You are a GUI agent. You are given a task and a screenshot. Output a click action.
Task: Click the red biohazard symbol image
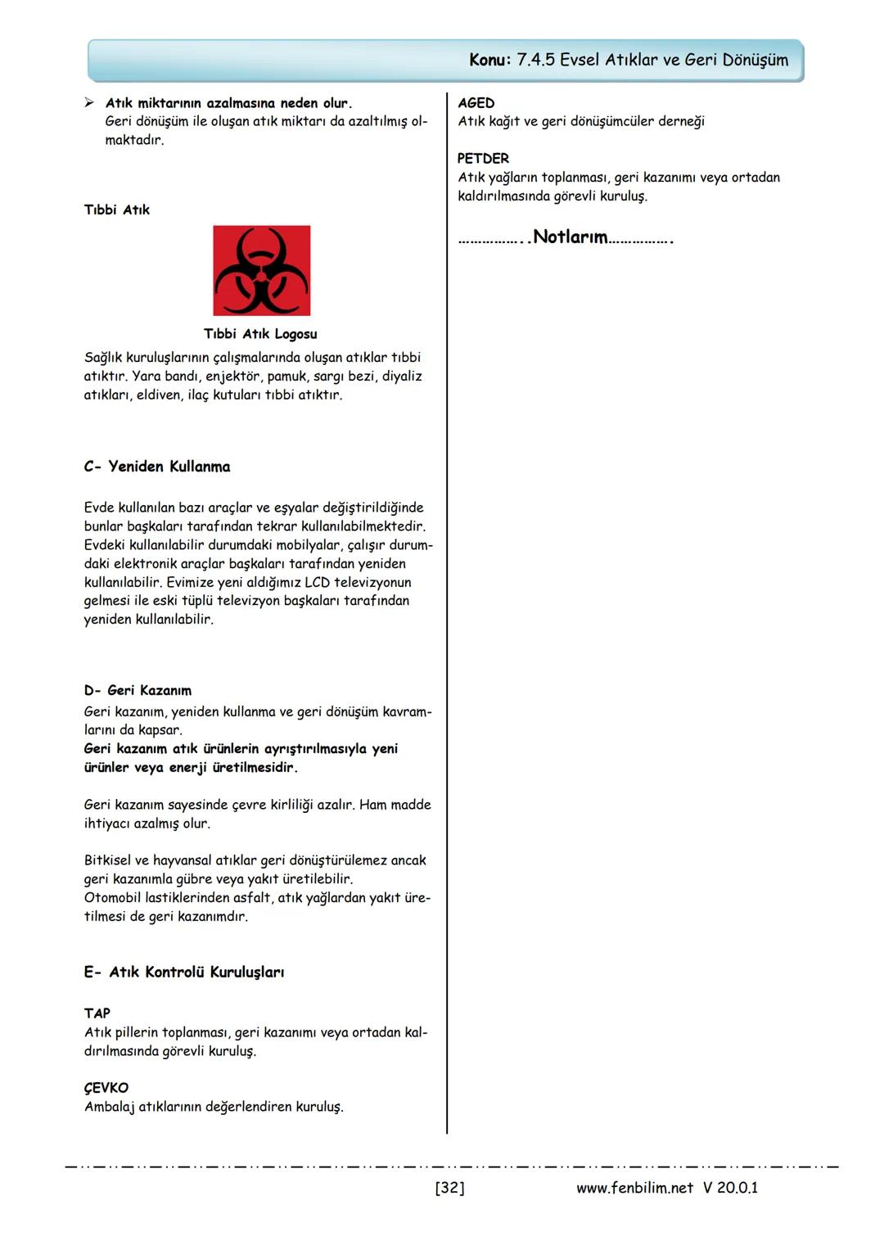click(261, 271)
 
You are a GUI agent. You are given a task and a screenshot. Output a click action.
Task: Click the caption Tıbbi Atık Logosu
click(260, 334)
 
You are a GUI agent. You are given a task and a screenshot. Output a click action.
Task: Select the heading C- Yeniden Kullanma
click(157, 467)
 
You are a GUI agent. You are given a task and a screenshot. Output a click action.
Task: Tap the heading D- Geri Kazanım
click(138, 690)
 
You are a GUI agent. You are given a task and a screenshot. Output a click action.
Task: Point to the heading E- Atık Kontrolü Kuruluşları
click(184, 972)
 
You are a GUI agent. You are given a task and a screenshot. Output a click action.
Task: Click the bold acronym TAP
click(97, 1013)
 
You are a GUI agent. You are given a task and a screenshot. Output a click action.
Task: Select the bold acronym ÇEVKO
click(106, 1088)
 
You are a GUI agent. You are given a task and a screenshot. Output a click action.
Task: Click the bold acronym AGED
click(476, 103)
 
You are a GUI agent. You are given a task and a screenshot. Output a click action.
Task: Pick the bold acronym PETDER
click(483, 159)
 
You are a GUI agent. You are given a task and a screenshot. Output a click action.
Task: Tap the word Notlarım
click(571, 237)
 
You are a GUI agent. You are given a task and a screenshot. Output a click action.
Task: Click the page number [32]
click(449, 1188)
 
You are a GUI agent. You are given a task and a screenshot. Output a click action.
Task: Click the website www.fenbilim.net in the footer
click(634, 1188)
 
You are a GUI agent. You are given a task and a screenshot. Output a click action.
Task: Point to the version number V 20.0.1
click(730, 1188)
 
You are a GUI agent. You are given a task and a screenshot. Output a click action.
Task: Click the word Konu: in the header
click(490, 60)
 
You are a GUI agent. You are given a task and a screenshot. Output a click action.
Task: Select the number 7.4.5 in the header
click(536, 60)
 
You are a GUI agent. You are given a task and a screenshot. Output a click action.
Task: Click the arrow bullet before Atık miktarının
click(90, 103)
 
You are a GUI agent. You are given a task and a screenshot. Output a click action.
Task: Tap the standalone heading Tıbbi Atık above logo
click(117, 210)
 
